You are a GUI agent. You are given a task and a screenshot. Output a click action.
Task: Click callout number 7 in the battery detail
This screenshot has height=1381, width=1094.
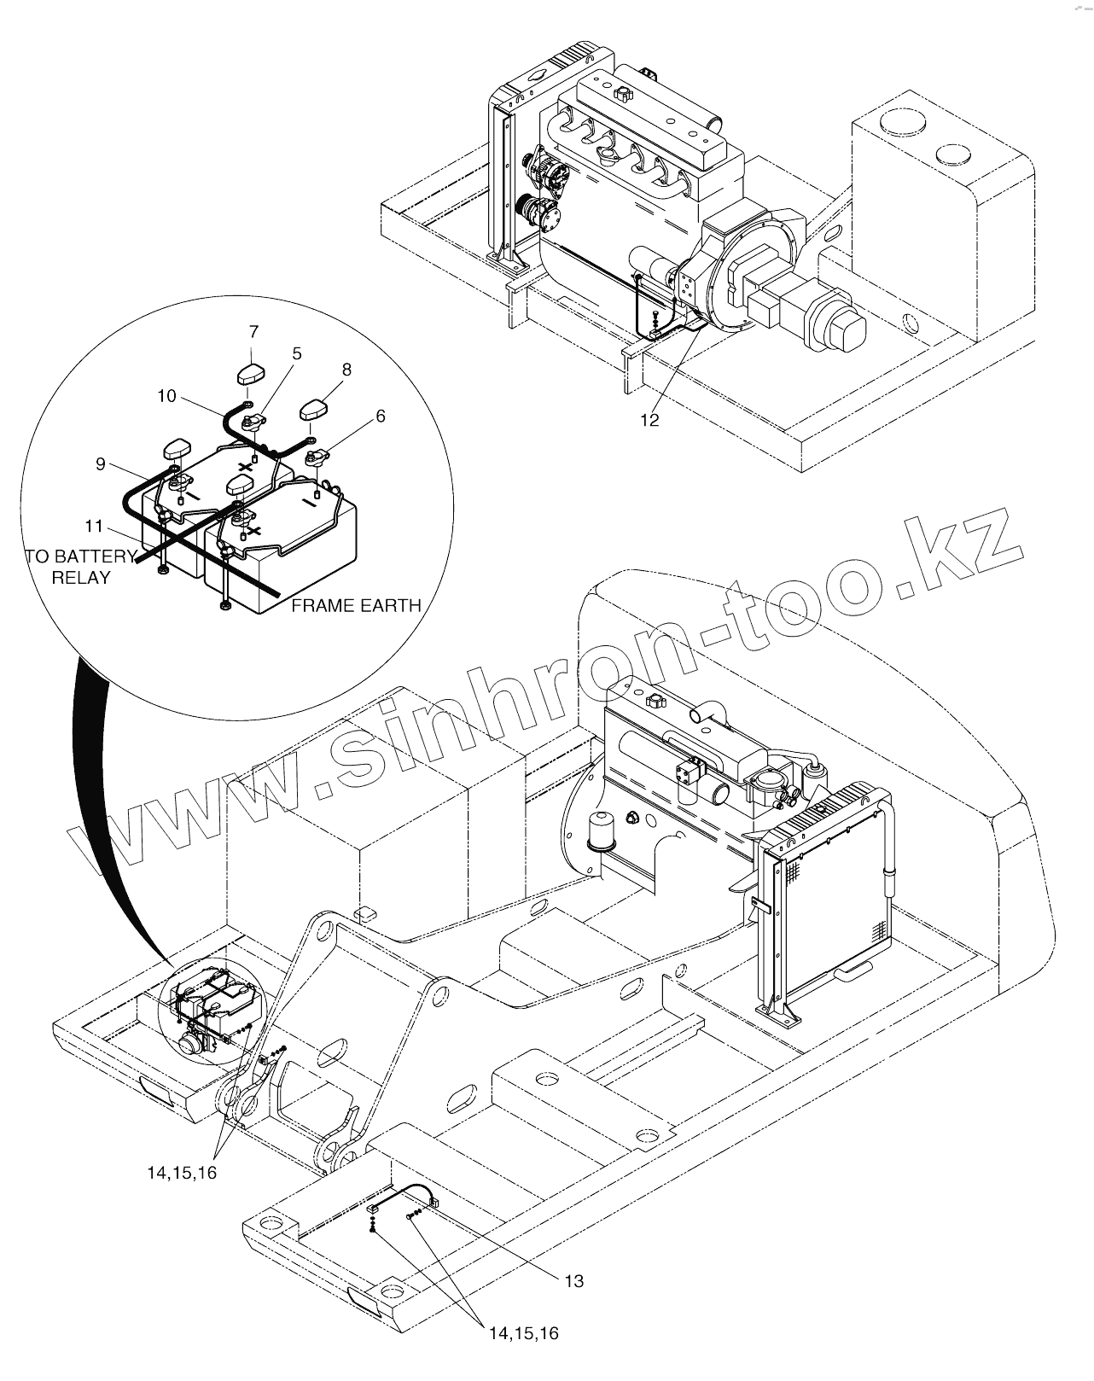tap(253, 332)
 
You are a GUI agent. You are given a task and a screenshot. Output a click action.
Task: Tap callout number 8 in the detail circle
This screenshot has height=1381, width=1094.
tap(346, 370)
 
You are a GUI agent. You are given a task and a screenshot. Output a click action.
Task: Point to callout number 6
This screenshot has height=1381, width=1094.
tap(380, 416)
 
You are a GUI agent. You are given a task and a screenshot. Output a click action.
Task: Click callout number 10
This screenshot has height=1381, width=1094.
tap(166, 396)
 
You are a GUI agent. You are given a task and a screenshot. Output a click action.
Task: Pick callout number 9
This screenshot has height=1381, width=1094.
tap(101, 463)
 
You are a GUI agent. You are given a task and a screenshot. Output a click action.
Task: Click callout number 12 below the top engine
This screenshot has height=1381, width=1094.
tap(650, 420)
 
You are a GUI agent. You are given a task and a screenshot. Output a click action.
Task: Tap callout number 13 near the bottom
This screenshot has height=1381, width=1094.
tap(574, 1281)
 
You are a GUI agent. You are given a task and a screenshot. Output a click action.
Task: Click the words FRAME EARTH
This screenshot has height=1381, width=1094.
tap(356, 605)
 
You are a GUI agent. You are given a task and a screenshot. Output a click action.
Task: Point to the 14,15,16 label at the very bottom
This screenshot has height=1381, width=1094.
tap(523, 1332)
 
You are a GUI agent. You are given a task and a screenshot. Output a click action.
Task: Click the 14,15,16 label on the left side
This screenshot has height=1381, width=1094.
tap(182, 1173)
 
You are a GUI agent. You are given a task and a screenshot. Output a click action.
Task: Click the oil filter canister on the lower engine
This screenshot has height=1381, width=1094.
tap(596, 827)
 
